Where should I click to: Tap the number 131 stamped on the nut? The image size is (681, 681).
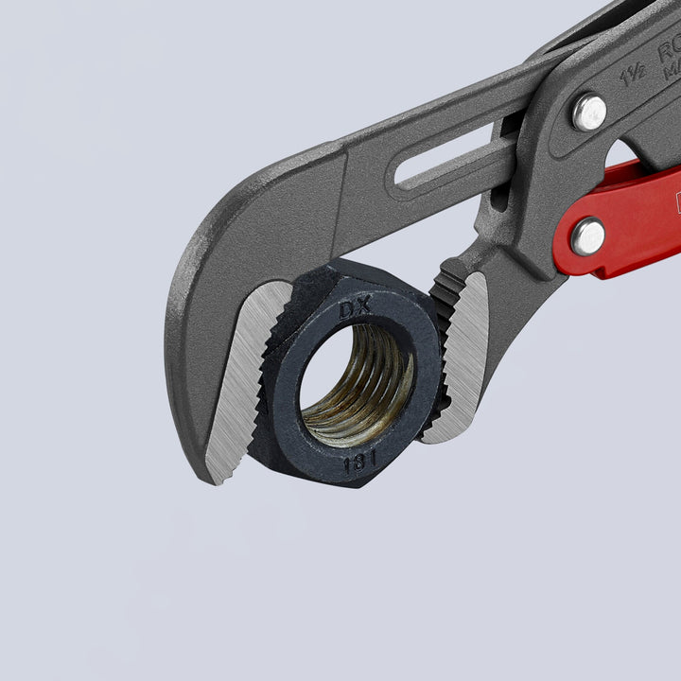click(x=359, y=463)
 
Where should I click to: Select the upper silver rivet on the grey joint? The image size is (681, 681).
click(x=589, y=112)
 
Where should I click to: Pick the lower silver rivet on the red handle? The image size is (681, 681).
click(x=588, y=236)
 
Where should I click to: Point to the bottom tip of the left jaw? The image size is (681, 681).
click(x=219, y=478)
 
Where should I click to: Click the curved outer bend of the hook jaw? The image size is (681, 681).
click(x=189, y=284)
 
